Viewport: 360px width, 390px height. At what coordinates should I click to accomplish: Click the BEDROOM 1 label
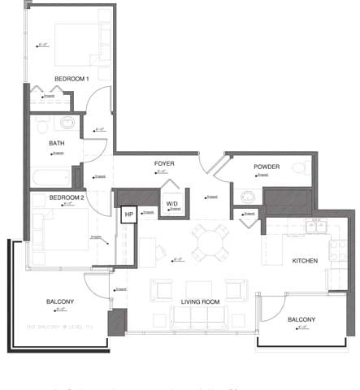click(x=72, y=78)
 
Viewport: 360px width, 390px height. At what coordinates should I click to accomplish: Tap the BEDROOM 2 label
click(x=67, y=197)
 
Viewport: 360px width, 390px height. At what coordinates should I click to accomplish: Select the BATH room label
click(x=56, y=144)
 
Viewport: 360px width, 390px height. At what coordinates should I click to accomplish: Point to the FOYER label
click(x=164, y=163)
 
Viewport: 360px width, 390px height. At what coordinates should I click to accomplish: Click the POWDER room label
click(x=267, y=167)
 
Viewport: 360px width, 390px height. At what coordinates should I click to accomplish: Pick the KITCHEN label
click(x=305, y=260)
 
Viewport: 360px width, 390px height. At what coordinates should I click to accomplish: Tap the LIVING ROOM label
click(x=200, y=301)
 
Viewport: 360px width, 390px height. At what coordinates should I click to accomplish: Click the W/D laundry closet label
click(x=172, y=204)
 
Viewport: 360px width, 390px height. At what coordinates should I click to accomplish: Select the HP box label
click(x=128, y=214)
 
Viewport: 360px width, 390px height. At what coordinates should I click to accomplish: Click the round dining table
click(x=210, y=240)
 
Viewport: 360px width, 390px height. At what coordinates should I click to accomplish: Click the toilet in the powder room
click(x=299, y=169)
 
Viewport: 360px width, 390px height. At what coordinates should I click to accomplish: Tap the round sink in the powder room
click(x=246, y=196)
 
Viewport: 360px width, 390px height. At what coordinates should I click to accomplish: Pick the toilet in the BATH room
click(x=67, y=123)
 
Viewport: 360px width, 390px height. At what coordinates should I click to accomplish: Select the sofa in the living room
click(x=200, y=318)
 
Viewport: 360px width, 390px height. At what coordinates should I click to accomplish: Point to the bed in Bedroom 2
click(x=61, y=229)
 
